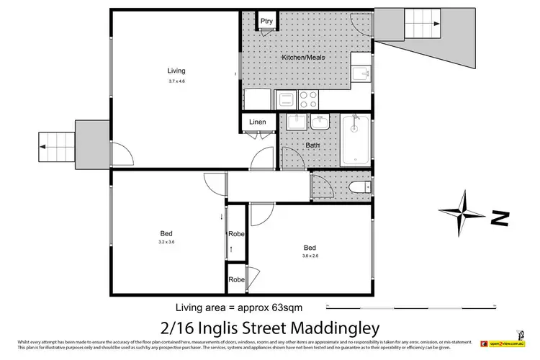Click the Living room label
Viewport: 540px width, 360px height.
[x=176, y=71]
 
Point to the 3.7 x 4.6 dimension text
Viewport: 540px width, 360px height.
[x=176, y=81]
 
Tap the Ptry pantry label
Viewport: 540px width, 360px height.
[x=266, y=21]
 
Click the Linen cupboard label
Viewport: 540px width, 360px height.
[x=258, y=122]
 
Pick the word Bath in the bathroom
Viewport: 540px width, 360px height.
[x=312, y=145]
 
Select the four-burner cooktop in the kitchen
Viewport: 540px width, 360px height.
[x=308, y=99]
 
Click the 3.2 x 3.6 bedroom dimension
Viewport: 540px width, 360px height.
[x=166, y=243]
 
